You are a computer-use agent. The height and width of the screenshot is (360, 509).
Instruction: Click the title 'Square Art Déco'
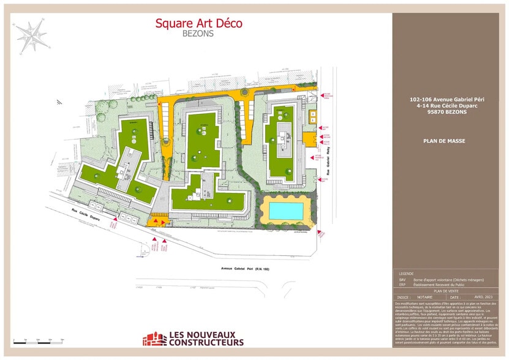click(198, 23)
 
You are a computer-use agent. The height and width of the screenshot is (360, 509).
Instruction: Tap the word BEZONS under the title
click(198, 34)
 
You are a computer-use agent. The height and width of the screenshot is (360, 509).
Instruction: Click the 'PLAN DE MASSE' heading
click(444, 141)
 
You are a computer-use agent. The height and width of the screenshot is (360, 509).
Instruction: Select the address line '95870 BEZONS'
click(444, 111)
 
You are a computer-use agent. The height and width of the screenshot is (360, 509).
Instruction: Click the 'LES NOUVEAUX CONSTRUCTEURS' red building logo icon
click(154, 339)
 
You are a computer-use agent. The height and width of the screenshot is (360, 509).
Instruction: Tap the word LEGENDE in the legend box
click(406, 274)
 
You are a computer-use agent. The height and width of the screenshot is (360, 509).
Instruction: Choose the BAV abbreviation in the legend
click(402, 279)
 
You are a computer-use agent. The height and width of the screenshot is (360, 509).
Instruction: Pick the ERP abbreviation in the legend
click(402, 285)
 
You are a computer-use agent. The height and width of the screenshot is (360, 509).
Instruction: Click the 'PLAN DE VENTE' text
click(445, 291)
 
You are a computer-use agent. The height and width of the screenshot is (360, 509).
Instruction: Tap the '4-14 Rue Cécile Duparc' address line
click(444, 105)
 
